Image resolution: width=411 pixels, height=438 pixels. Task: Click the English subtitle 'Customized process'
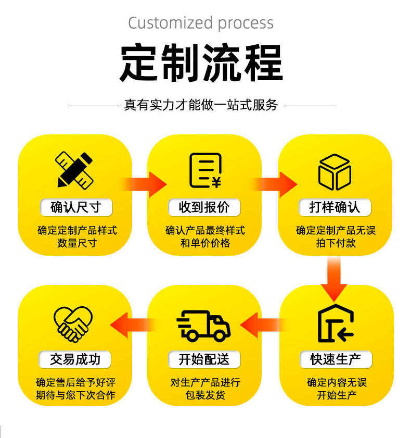[201, 23]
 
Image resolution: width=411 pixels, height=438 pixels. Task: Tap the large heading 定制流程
[201, 62]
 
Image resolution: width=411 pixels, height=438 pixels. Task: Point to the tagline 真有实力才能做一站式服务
[201, 105]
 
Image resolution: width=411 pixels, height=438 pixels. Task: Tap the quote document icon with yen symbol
[204, 170]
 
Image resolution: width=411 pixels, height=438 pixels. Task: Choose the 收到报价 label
[204, 207]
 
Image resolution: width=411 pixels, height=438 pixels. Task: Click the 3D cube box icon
[335, 171]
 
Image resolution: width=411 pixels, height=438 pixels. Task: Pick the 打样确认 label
[335, 207]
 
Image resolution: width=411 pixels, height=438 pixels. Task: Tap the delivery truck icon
[204, 326]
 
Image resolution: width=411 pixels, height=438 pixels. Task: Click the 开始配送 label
[204, 359]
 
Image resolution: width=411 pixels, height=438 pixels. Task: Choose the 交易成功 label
[75, 359]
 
